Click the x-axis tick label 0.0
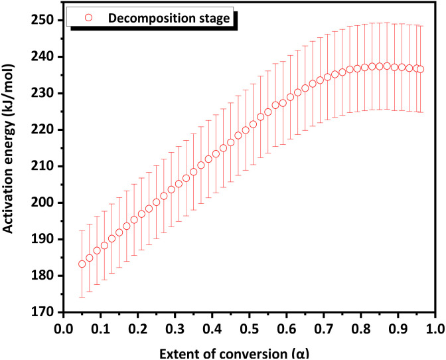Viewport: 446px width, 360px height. [x=63, y=329]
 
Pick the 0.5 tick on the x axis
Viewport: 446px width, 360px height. [x=249, y=329]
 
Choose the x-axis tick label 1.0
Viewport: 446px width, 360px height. [x=435, y=329]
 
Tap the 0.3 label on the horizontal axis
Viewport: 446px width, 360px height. [x=175, y=329]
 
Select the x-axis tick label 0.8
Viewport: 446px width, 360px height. [x=360, y=329]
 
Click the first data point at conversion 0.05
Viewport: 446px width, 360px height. [x=82, y=264]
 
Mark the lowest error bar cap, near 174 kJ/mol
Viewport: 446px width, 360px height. [x=82, y=297]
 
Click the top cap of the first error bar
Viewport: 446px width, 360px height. [x=82, y=230]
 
